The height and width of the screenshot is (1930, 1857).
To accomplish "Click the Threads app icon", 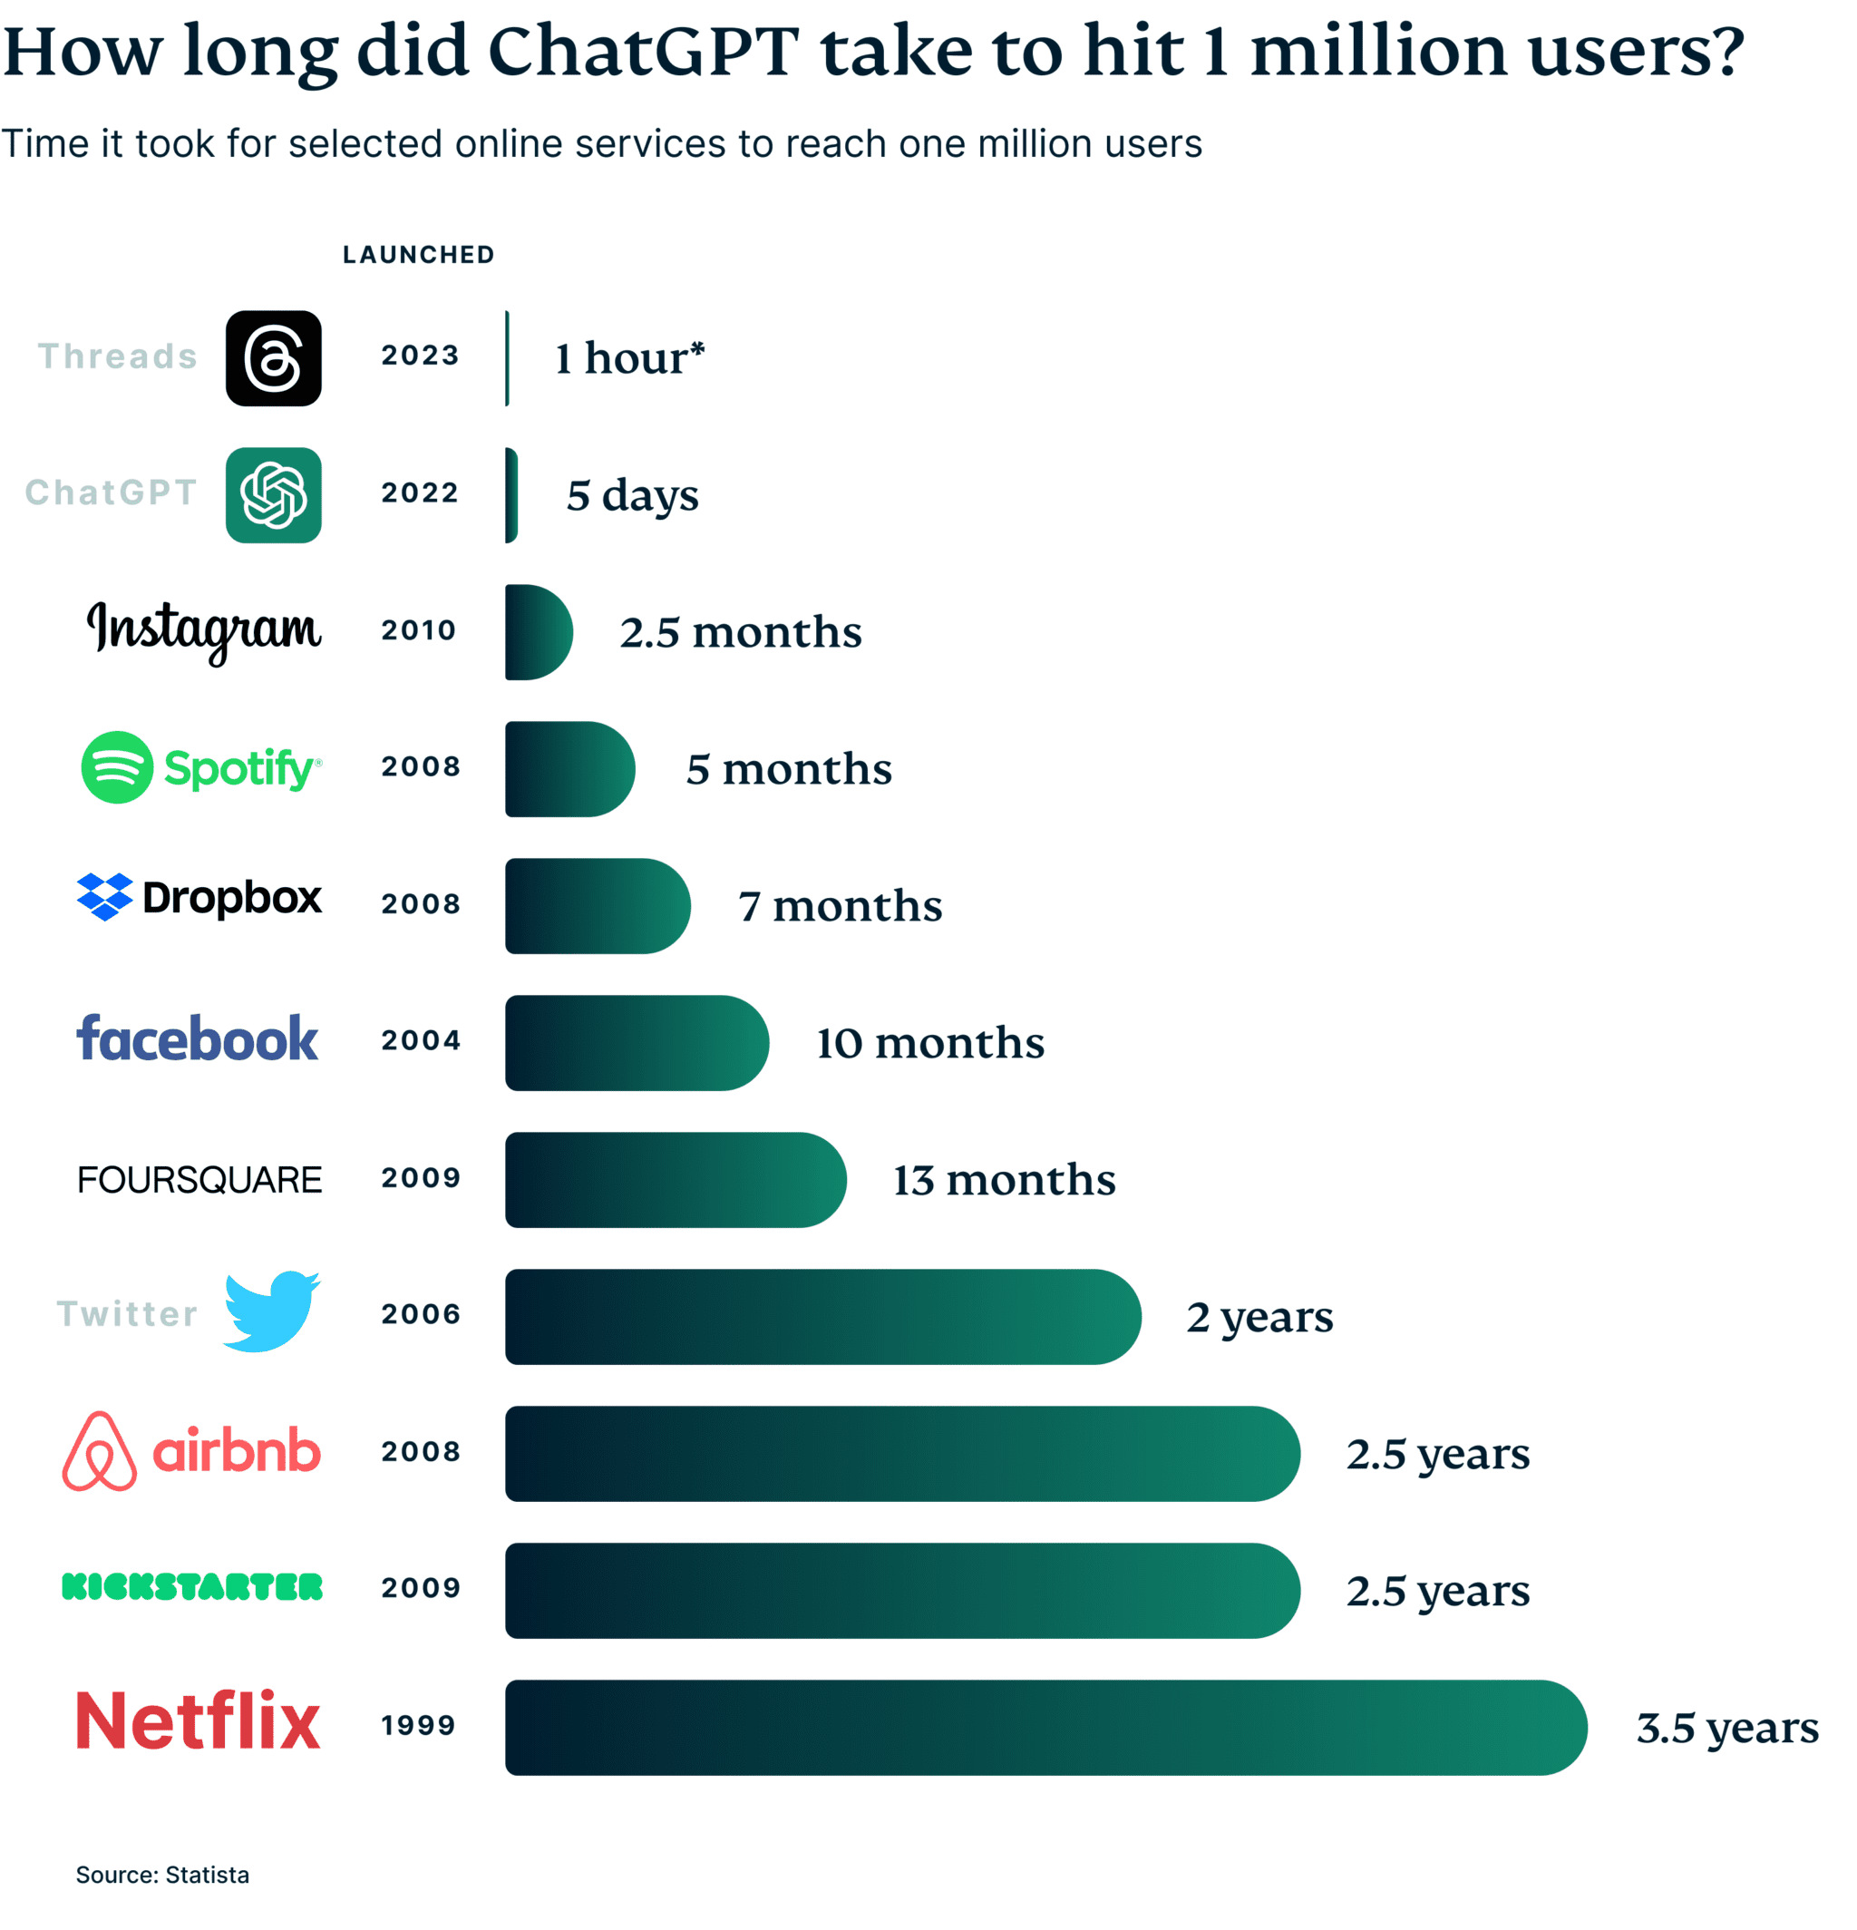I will (x=274, y=358).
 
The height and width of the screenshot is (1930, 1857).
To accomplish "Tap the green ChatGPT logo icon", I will (x=274, y=495).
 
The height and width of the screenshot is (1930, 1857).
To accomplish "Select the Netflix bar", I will (x=1044, y=1727).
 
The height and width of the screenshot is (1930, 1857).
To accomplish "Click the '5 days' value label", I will (x=632, y=495).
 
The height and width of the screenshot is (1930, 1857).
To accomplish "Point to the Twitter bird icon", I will (x=271, y=1311).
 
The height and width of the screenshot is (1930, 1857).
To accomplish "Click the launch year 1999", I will (x=420, y=1725).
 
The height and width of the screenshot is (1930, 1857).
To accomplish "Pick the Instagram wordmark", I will (x=204, y=630).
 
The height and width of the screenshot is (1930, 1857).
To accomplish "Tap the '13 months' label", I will (x=1004, y=1180).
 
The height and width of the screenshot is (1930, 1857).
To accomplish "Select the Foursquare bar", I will (x=675, y=1180).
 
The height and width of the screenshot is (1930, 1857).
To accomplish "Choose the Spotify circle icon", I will (x=117, y=767).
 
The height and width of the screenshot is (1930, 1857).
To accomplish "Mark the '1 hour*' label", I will (x=629, y=358).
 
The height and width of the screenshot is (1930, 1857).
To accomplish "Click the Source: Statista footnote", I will (x=162, y=1874).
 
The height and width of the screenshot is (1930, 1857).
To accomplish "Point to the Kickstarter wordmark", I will (x=192, y=1587).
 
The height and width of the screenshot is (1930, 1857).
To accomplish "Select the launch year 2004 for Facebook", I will (x=421, y=1040).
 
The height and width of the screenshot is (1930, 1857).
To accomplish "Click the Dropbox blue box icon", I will (x=104, y=897).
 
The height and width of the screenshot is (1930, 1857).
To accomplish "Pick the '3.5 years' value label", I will (x=1727, y=1728).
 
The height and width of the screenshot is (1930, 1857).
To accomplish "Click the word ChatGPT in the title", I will (x=643, y=51).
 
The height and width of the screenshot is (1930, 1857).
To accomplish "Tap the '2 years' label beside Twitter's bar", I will (x=1259, y=1317).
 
